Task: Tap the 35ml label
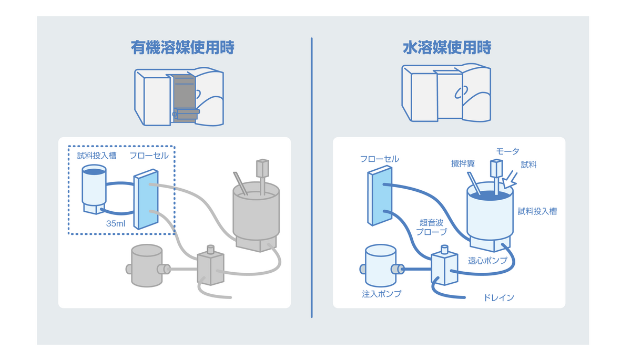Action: (x=115, y=223)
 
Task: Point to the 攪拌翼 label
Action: (x=463, y=163)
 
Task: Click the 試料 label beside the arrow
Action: (x=528, y=164)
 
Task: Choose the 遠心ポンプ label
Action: (x=487, y=261)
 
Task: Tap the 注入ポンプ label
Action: (x=381, y=294)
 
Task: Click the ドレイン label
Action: (x=498, y=298)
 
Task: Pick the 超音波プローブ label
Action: (x=431, y=227)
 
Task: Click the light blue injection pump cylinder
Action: (x=381, y=266)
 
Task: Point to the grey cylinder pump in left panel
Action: (x=147, y=265)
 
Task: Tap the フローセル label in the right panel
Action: (x=379, y=159)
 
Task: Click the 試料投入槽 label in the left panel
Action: (x=97, y=156)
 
